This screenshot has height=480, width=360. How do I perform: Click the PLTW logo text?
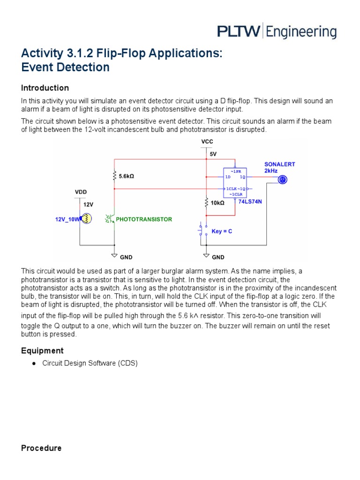click(239, 31)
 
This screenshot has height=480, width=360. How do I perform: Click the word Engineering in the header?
click(301, 32)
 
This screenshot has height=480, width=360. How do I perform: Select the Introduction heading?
click(45, 88)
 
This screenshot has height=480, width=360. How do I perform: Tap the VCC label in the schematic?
click(207, 142)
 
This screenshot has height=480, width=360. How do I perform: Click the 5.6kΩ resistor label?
click(126, 176)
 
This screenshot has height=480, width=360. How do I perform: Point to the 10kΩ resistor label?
click(217, 202)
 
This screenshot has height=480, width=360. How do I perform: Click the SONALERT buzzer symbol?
click(283, 180)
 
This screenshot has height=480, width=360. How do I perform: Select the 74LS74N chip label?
click(250, 202)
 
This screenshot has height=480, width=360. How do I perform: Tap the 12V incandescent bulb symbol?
click(87, 218)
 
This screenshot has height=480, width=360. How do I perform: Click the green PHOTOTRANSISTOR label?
click(144, 219)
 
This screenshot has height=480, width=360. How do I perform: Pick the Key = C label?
click(222, 231)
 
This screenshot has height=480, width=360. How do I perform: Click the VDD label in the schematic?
click(81, 192)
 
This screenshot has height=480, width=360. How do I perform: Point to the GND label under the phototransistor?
click(126, 257)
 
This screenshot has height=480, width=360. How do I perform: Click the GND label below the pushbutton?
click(218, 257)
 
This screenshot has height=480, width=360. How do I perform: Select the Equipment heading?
click(42, 351)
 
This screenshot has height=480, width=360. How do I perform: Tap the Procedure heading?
click(41, 448)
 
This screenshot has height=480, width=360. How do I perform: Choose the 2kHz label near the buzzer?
click(271, 171)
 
